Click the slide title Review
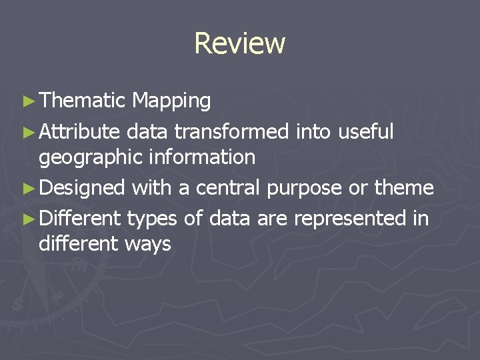239,43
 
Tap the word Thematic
82,101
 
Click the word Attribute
79,132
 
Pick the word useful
366,132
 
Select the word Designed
82,189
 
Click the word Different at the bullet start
79,218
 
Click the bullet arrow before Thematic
27,101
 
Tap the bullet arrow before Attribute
27,132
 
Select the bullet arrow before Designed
27,188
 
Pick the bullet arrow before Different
27,218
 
